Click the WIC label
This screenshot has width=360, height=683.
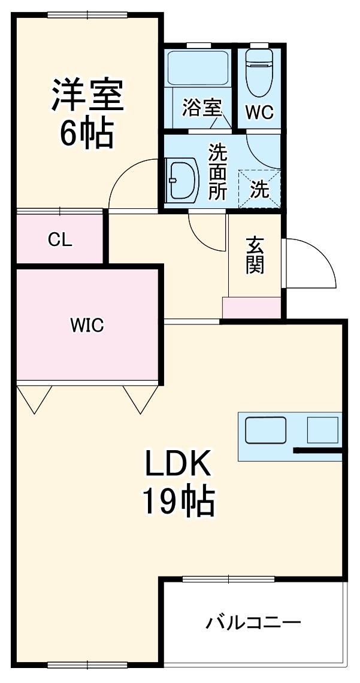point(87,326)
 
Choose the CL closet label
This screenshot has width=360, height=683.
point(60,240)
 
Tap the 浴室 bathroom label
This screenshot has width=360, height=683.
point(202,108)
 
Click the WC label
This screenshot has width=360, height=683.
point(259,112)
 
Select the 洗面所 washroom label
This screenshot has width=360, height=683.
point(217,172)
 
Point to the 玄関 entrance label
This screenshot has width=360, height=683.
point(255,256)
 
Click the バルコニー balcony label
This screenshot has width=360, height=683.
point(253,623)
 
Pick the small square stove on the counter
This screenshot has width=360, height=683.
point(322,430)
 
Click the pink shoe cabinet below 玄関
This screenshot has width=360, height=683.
point(252,308)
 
